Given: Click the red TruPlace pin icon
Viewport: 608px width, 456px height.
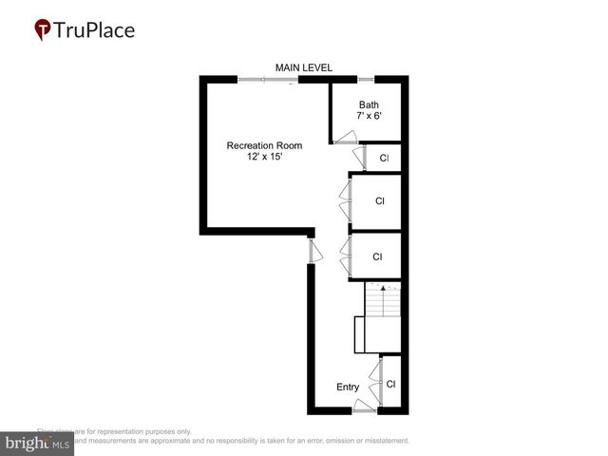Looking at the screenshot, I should (43, 30).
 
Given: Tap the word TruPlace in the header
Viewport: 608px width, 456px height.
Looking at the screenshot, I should (93, 29).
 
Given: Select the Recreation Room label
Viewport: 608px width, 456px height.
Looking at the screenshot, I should (264, 145).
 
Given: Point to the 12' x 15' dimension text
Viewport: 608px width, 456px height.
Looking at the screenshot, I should (264, 157).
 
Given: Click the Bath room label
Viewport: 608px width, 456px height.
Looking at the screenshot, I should (369, 104).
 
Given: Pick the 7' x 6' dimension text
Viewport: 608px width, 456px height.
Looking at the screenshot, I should (369, 116).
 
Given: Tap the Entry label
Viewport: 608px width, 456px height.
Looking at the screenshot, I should (348, 387).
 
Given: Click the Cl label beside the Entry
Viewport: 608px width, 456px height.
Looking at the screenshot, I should (390, 384).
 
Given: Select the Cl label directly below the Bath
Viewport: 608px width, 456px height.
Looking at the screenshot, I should (384, 159).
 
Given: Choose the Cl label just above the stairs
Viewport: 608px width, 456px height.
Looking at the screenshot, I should (377, 256).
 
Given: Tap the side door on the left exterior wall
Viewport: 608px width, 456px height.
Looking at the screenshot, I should (313, 250).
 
